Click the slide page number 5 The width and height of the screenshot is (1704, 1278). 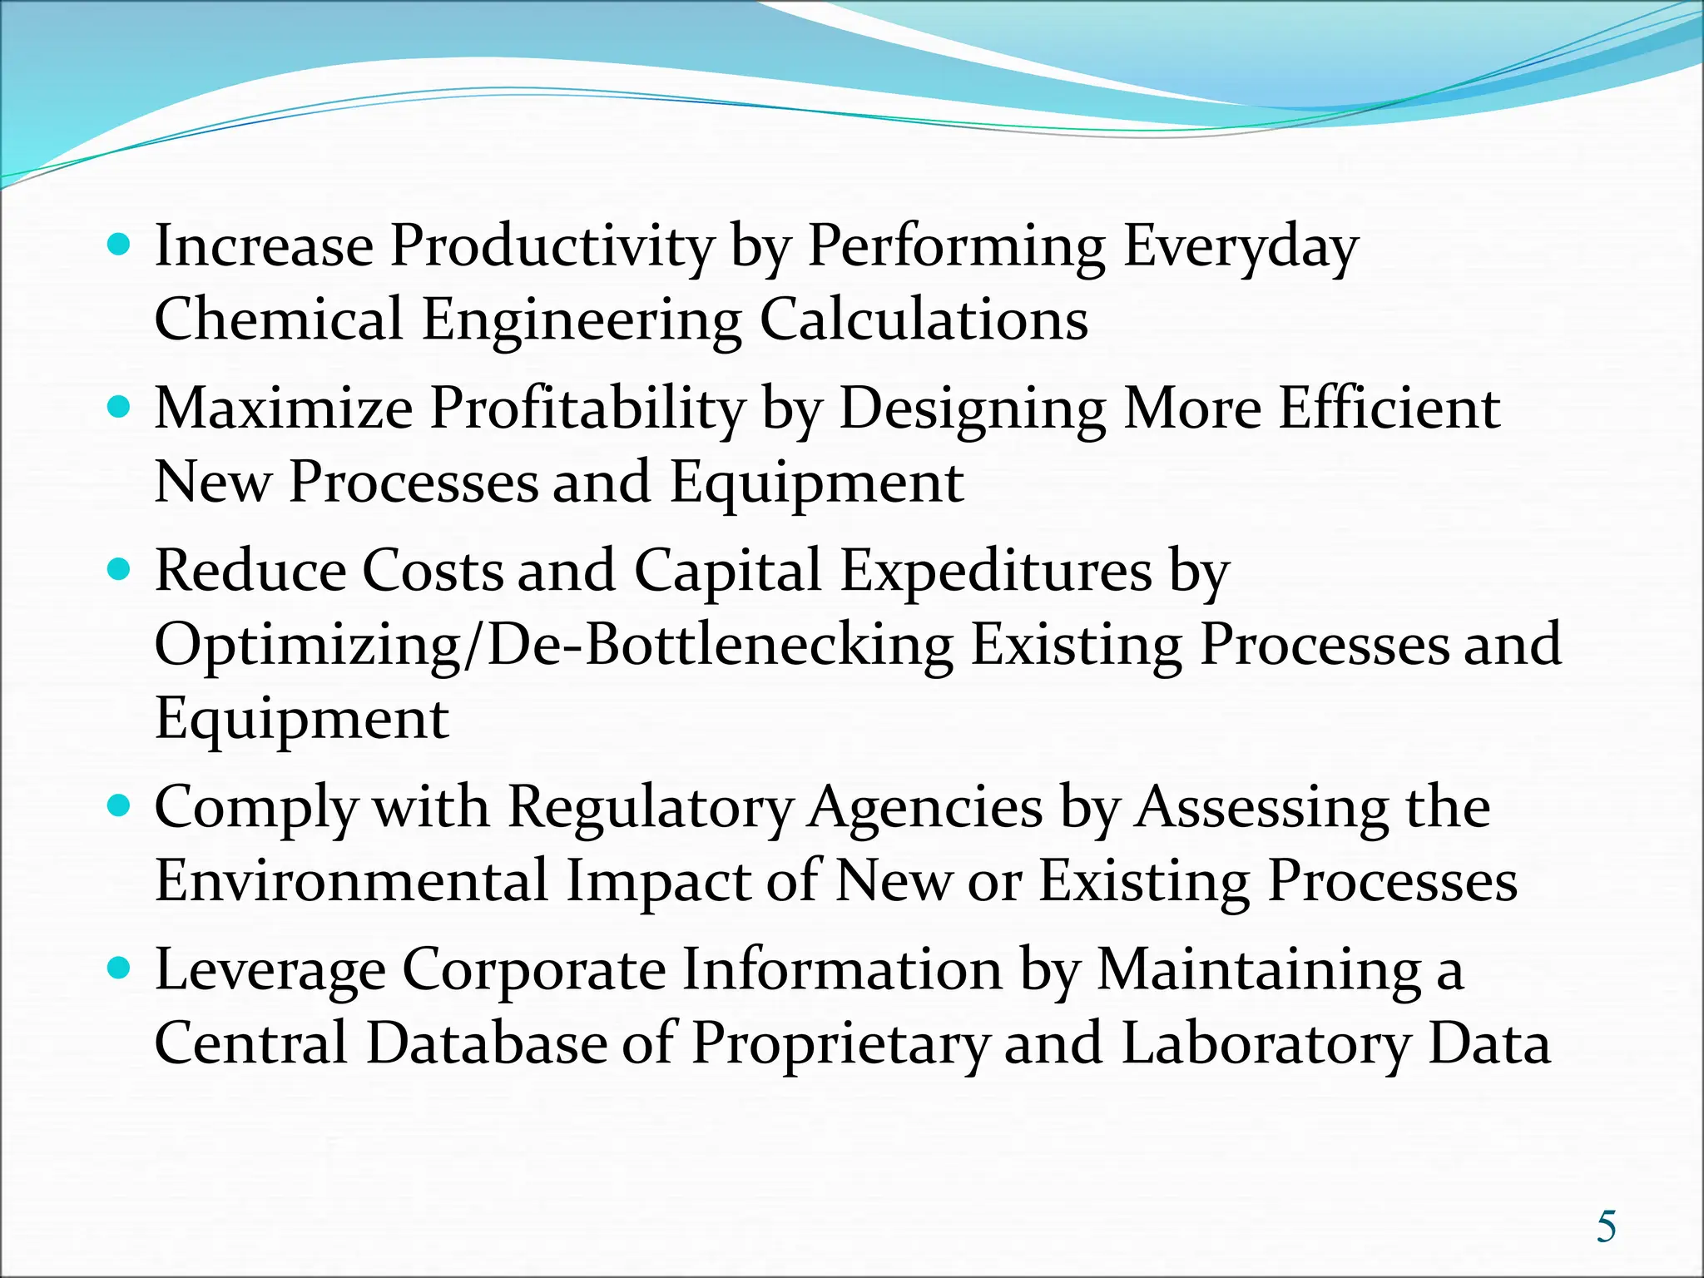pos(1606,1227)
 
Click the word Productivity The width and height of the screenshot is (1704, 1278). pos(552,246)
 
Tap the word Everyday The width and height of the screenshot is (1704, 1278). pos(1241,246)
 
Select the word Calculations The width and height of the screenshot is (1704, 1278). pos(924,319)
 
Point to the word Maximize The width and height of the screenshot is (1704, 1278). pos(284,409)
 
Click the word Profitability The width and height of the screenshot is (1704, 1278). pos(587,409)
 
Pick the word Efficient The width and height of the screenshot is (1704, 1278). pos(1389,409)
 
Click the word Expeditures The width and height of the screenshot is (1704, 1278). pos(996,572)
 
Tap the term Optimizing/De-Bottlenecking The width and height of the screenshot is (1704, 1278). pos(554,645)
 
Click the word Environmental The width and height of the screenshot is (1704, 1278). pos(351,881)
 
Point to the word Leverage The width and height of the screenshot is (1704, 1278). pos(270,970)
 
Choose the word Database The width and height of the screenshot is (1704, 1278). pos(487,1043)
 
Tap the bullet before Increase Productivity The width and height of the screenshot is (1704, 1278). pos(120,245)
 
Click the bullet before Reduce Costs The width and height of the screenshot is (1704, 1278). pos(120,570)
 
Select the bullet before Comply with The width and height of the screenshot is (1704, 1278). pos(120,806)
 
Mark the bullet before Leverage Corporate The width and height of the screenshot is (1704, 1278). pos(120,968)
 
